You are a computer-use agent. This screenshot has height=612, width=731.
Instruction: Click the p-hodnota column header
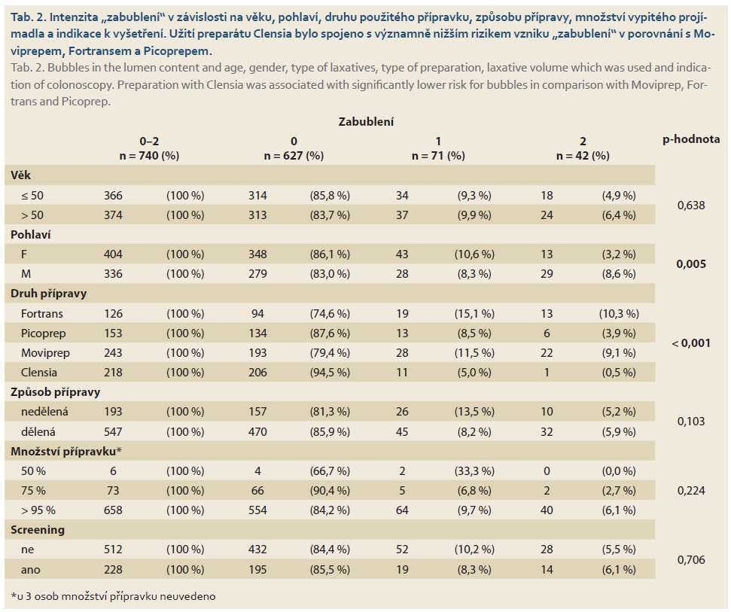691,139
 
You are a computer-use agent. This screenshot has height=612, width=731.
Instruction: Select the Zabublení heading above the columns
366,122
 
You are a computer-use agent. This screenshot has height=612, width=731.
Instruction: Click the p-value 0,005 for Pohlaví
691,263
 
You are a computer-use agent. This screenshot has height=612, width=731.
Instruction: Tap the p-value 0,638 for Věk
691,205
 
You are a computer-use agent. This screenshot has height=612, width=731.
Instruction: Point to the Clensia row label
38,373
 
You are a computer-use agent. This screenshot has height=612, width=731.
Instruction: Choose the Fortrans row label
41,314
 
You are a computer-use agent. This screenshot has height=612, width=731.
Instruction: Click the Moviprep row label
45,353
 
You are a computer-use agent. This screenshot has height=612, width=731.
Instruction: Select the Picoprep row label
44,333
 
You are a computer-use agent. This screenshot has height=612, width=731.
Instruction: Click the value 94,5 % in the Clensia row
330,373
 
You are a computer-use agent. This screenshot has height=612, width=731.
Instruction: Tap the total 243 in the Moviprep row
113,353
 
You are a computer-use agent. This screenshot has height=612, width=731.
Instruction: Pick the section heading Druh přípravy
48,294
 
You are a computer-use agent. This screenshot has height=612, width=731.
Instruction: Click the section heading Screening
38,530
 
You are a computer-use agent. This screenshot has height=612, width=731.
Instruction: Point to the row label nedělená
44,412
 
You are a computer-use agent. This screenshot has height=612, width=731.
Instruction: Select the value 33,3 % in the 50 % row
474,471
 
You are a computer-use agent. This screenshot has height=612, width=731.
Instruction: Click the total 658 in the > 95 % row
113,510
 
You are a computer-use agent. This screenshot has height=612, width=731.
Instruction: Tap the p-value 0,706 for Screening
691,560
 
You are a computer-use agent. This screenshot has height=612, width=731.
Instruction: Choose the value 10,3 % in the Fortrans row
619,314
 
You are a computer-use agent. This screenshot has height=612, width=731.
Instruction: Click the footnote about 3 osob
113,596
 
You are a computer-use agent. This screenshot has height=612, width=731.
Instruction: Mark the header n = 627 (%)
294,156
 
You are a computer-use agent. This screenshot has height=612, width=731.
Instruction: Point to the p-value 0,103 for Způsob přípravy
691,422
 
